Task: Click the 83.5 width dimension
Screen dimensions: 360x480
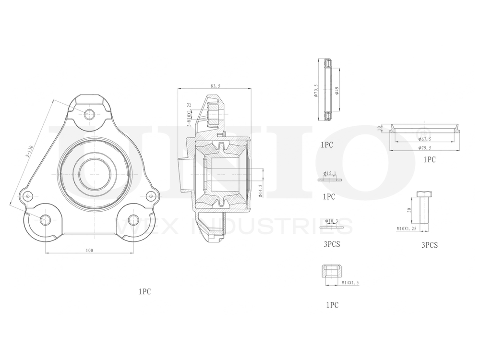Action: tap(214, 86)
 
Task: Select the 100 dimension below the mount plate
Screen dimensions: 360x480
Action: tap(89, 250)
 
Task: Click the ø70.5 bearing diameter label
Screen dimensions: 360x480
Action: tap(315, 91)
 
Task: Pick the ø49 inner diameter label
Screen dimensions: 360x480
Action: tap(337, 90)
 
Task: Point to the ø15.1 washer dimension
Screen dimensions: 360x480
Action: tap(331, 173)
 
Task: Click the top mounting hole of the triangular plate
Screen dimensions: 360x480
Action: tap(89, 114)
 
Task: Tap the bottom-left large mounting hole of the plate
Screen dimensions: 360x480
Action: tap(45, 220)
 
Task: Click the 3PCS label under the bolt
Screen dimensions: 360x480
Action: tap(429, 245)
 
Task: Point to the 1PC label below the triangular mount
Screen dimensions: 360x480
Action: tap(144, 291)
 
